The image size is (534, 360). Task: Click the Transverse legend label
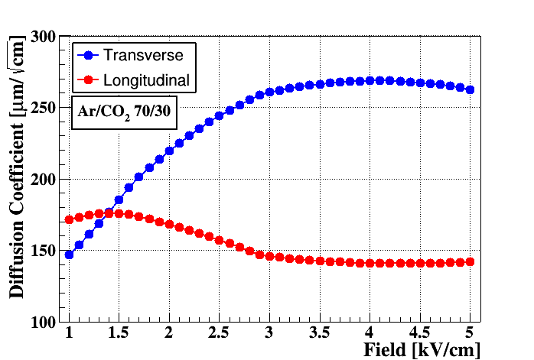tap(143, 55)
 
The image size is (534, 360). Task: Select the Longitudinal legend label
tap(146, 80)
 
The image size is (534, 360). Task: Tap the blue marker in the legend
tap(89, 55)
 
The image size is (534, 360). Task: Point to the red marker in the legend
tap(89, 80)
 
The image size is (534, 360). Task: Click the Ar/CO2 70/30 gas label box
tap(124, 112)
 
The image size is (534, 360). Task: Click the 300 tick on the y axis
tap(43, 37)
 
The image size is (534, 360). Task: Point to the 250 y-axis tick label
tap(43, 109)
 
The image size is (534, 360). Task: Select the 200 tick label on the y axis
tap(43, 180)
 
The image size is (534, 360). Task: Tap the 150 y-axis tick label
tap(43, 251)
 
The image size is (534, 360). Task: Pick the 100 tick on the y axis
tap(43, 323)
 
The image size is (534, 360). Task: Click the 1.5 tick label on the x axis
tap(119, 332)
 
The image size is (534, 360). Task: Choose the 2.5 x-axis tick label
tap(219, 332)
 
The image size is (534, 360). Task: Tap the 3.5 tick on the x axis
tap(320, 332)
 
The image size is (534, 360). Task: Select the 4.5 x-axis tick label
tap(419, 332)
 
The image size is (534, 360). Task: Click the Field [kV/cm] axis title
tap(422, 350)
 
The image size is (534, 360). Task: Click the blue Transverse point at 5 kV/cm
tap(470, 90)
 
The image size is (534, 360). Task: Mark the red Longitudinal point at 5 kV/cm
tap(470, 262)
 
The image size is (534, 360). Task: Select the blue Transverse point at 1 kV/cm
tap(69, 255)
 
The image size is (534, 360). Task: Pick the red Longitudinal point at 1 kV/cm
tap(69, 220)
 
